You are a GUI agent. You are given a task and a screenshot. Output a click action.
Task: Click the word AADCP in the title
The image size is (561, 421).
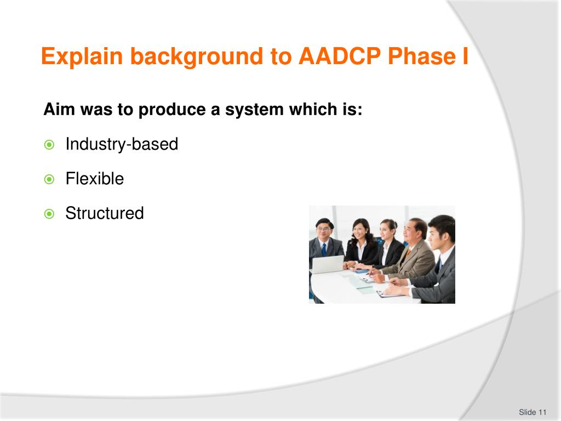pos(340,56)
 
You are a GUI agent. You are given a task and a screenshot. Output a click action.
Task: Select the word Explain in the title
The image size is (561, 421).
pos(82,56)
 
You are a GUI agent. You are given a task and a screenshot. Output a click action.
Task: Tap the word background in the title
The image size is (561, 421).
pos(197,56)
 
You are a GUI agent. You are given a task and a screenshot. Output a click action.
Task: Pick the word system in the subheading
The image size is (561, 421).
pos(254,110)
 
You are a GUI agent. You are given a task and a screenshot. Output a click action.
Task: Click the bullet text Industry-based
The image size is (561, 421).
pos(122,144)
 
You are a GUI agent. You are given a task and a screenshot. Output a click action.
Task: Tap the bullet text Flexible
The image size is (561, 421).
pos(95,178)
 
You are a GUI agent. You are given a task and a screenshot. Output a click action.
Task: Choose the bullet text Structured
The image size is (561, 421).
pos(105,213)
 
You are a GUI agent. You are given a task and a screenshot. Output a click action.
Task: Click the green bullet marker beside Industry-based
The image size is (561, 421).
pos(49,145)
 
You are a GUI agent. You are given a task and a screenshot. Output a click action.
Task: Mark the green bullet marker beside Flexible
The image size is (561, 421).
pos(49,179)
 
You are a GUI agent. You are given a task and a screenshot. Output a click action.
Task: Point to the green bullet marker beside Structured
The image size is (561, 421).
pos(49,214)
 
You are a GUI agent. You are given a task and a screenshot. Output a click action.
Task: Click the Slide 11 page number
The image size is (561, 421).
pos(533,412)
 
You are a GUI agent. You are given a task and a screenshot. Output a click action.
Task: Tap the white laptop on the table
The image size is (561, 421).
pos(328,264)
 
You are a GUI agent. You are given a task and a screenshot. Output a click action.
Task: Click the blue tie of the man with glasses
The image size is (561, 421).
pos(324,249)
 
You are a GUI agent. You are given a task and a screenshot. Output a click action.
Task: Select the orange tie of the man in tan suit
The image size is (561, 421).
pos(408,253)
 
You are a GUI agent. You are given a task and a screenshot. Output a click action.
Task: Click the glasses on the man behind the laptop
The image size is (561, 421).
pos(323,229)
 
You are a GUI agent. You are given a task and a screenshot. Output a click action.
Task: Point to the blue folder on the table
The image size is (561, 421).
pos(362,271)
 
